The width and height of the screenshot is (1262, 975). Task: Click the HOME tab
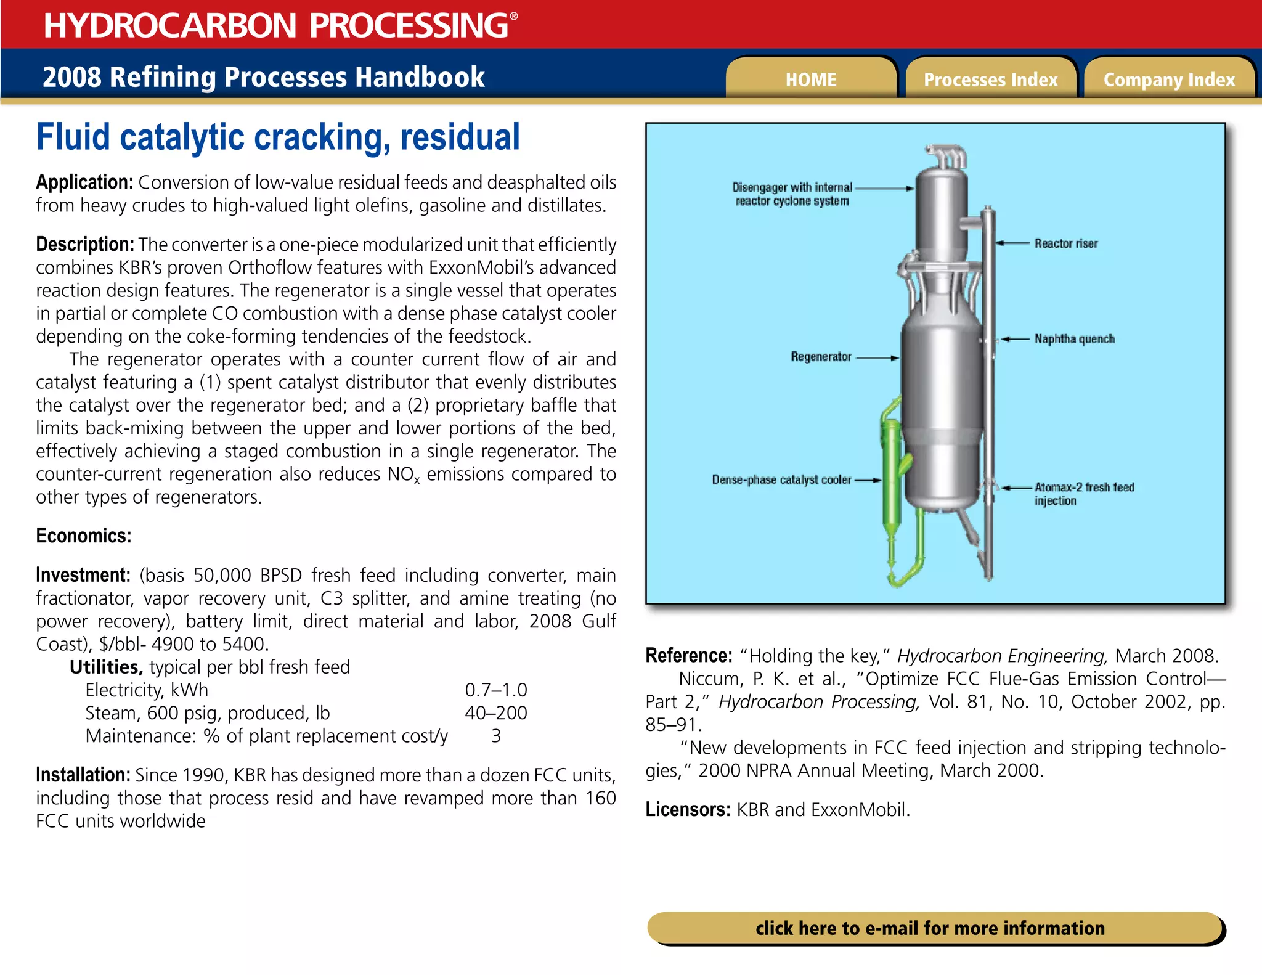(x=810, y=80)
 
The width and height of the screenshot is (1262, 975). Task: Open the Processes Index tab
(x=990, y=80)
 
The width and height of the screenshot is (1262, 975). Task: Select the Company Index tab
(x=1169, y=80)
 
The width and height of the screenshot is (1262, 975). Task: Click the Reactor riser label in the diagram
(x=1066, y=243)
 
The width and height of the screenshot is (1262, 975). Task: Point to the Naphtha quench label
(x=1074, y=338)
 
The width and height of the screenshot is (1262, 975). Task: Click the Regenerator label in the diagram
(x=821, y=356)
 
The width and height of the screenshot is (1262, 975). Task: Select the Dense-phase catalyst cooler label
(x=781, y=479)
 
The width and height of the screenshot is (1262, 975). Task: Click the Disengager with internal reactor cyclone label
(x=792, y=194)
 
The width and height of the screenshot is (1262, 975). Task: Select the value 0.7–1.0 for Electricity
(x=495, y=690)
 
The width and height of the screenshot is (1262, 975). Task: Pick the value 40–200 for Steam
(x=495, y=712)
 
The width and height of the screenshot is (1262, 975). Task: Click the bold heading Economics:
(x=84, y=536)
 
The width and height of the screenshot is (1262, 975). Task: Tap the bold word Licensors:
(x=688, y=809)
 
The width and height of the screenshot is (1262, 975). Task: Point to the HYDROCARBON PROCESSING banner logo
(x=280, y=25)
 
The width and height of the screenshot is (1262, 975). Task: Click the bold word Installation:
(x=83, y=775)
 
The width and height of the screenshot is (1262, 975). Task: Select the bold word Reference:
(x=689, y=655)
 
